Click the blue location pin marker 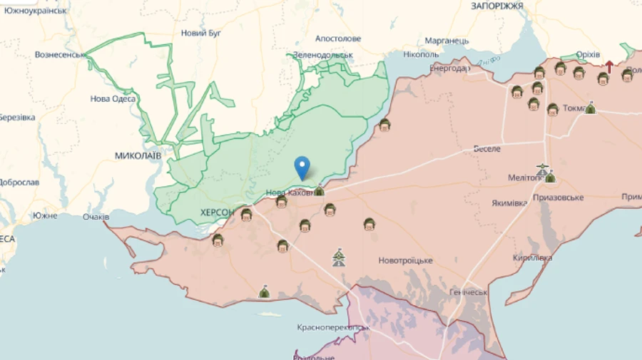coord(302,168)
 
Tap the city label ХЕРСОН coord(217,212)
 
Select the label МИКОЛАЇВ coord(138,155)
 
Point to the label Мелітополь coord(529,178)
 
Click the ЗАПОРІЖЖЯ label coord(497,6)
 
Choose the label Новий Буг coord(201,33)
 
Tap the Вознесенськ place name coord(61,55)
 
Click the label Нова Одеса coord(113,99)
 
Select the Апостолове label coord(338,38)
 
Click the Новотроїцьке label coord(405,260)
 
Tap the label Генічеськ coord(469,292)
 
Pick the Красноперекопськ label coord(332,328)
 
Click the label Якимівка coord(509,202)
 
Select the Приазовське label coord(558,197)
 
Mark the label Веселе coord(487,149)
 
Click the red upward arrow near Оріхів coord(609,68)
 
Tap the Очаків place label coord(96,217)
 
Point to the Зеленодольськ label coord(324,55)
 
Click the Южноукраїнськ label coord(35,11)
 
